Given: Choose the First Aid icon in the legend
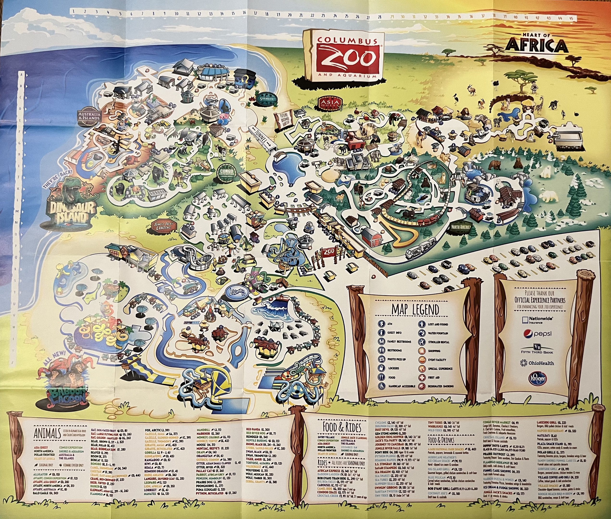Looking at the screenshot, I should tap(422, 377).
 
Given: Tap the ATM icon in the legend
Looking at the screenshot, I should tap(382, 324).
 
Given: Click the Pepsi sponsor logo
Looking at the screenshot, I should tap(537, 334).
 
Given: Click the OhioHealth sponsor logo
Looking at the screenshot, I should tap(537, 363).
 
